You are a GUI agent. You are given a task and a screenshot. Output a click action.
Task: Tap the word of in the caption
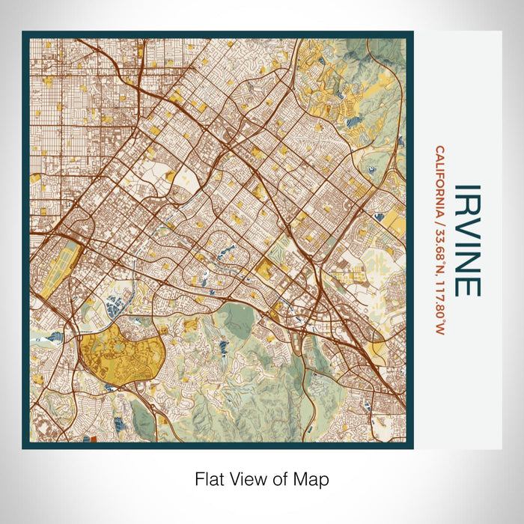point(283,478)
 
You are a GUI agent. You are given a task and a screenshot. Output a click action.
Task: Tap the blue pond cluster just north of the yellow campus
point(116,305)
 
